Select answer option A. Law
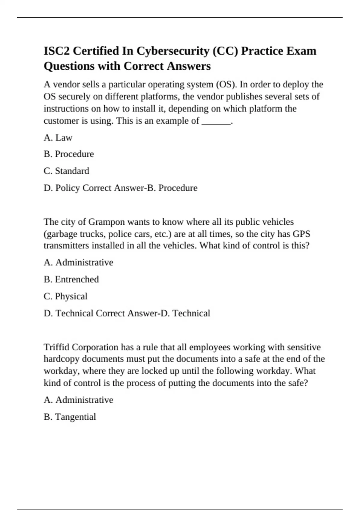58,138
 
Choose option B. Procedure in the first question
69,154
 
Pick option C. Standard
66,171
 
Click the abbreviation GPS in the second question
301,234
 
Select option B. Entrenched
71,279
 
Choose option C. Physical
65,296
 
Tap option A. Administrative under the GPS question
78,262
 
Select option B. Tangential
70,417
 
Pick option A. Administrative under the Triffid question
78,400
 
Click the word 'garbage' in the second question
61,234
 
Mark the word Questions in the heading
69,66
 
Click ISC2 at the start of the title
57,51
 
